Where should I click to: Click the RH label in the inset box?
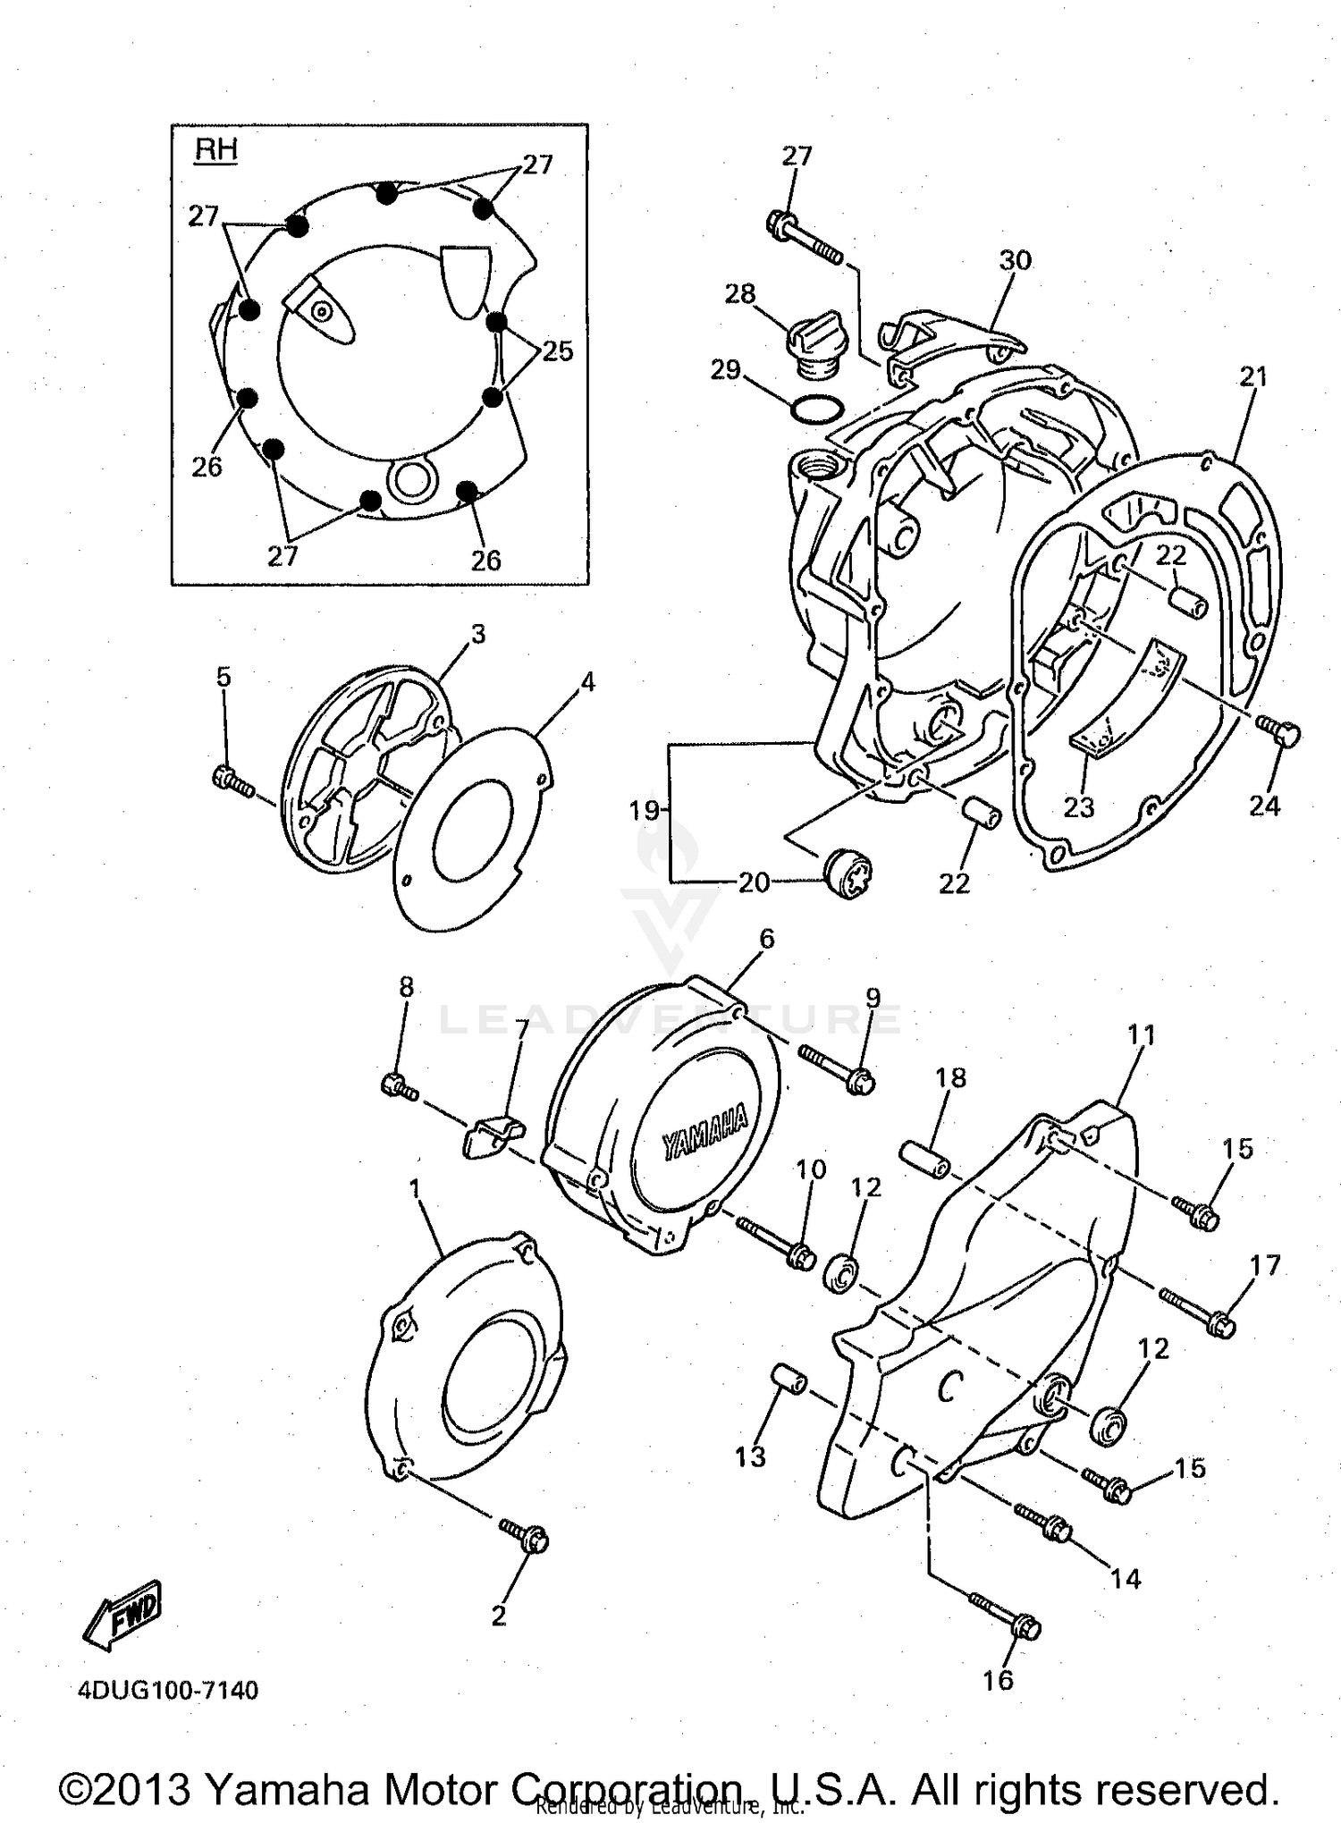pyautogui.click(x=216, y=149)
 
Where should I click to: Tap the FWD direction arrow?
pyautogui.click(x=123, y=1615)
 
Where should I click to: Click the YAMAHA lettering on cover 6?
pyautogui.click(x=704, y=1134)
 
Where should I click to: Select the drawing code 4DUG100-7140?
pyautogui.click(x=168, y=1691)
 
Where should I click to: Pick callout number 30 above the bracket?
pyautogui.click(x=1015, y=260)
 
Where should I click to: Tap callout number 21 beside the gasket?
pyautogui.click(x=1253, y=377)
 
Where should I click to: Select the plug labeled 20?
pyautogui.click(x=847, y=873)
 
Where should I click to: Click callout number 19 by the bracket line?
pyautogui.click(x=644, y=811)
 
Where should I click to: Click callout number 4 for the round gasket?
pyautogui.click(x=586, y=682)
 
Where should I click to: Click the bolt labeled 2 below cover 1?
pyautogui.click(x=526, y=1535)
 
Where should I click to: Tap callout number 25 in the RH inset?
pyautogui.click(x=557, y=351)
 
